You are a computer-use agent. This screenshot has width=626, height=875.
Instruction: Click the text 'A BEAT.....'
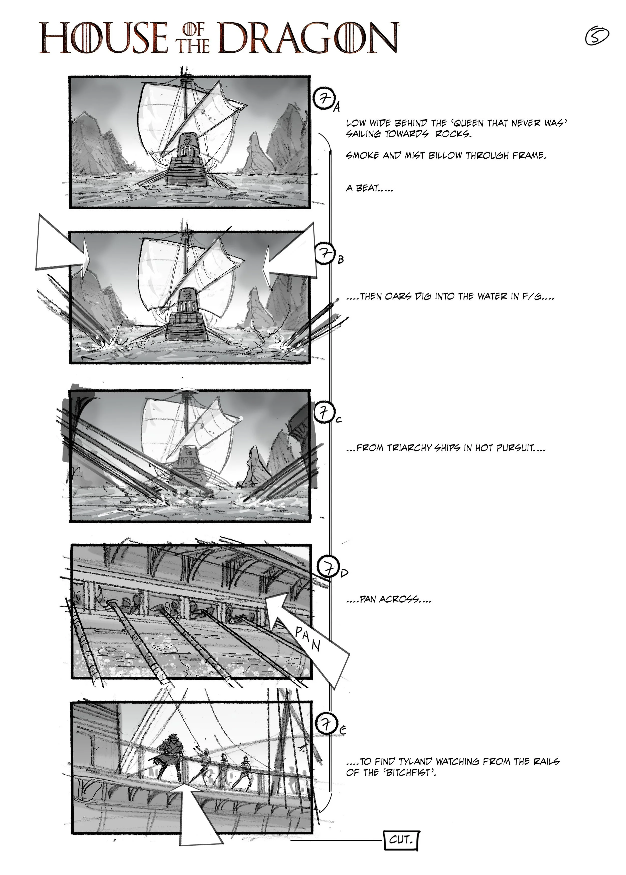tap(369, 189)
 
